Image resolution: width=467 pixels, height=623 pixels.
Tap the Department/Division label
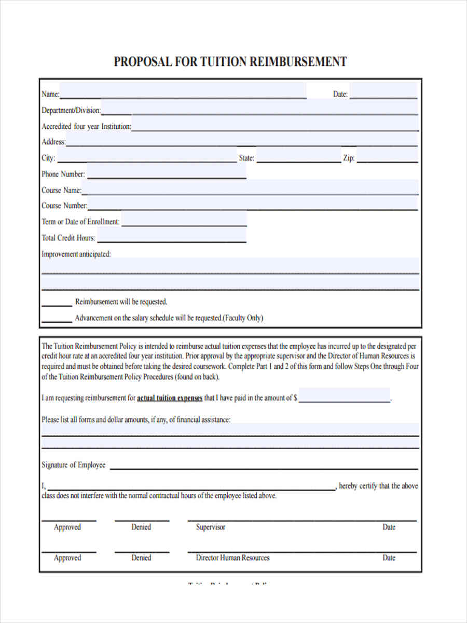[71, 111]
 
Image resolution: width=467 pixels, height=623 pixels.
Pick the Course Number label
[64, 206]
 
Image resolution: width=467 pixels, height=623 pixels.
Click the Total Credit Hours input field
[171, 236]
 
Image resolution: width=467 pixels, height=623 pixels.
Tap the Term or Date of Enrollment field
[184, 220]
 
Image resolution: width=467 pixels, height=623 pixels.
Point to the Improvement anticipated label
[76, 254]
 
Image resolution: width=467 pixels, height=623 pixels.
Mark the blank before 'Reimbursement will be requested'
[57, 302]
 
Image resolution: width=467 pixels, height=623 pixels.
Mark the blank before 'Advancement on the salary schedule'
[57, 318]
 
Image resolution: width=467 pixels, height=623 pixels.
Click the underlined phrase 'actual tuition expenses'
[169, 398]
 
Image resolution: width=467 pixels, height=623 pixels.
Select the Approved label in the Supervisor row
[67, 527]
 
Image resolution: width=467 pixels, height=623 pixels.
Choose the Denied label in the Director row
[141, 558]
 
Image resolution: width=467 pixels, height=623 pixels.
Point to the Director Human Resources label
[232, 558]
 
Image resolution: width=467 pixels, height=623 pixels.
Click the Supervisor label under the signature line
[211, 527]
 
